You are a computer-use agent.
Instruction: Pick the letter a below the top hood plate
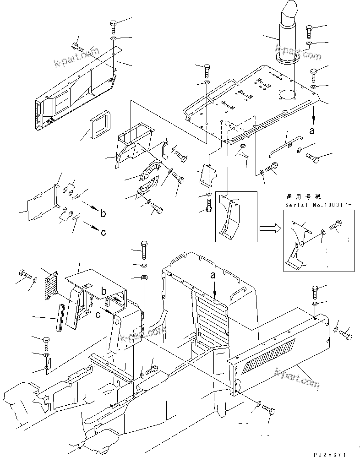[312, 131]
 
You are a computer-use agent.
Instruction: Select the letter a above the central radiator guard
[213, 275]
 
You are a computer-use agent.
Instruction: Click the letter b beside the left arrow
[103, 213]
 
